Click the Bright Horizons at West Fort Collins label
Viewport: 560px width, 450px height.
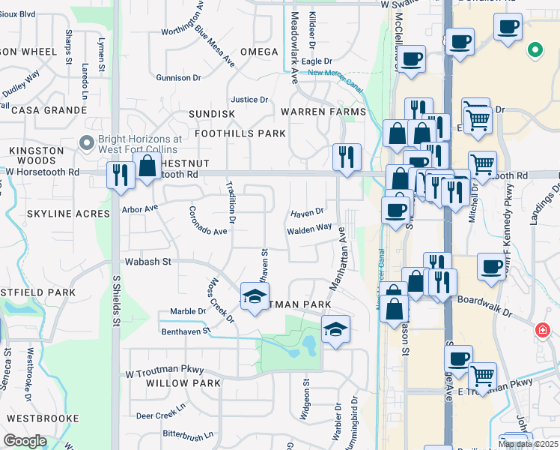[140, 144]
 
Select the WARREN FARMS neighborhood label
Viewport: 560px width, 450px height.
[323, 112]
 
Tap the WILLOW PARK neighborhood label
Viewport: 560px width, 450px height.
[183, 383]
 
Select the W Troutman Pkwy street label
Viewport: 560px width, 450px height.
[163, 372]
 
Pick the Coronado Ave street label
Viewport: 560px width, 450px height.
[207, 220]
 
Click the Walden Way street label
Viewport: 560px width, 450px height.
[309, 229]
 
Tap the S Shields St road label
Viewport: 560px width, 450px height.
[116, 300]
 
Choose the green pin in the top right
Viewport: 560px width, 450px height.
[535, 50]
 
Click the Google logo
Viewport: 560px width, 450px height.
[25, 441]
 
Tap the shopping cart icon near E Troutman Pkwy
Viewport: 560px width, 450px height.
[483, 374]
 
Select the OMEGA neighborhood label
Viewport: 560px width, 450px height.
[260, 52]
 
